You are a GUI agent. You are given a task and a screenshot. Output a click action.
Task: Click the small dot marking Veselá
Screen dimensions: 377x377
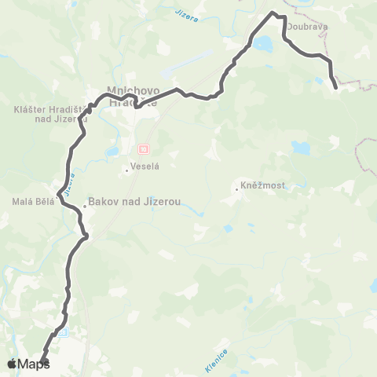click(x=127, y=167)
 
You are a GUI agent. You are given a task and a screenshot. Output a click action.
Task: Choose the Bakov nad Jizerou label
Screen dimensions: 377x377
click(x=135, y=202)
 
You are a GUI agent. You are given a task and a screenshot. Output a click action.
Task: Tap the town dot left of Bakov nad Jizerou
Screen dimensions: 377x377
click(x=85, y=206)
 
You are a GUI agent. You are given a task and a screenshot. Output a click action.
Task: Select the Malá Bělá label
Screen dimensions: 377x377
click(x=31, y=201)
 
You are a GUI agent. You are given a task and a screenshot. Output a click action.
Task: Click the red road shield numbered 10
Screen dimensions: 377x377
click(x=143, y=148)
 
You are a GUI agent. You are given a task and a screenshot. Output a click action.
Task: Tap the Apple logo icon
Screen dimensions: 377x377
click(x=12, y=363)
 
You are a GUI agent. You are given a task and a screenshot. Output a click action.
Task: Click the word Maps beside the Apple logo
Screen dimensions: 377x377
click(x=34, y=364)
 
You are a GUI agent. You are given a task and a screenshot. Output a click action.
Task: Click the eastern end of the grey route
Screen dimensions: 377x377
click(x=335, y=87)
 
